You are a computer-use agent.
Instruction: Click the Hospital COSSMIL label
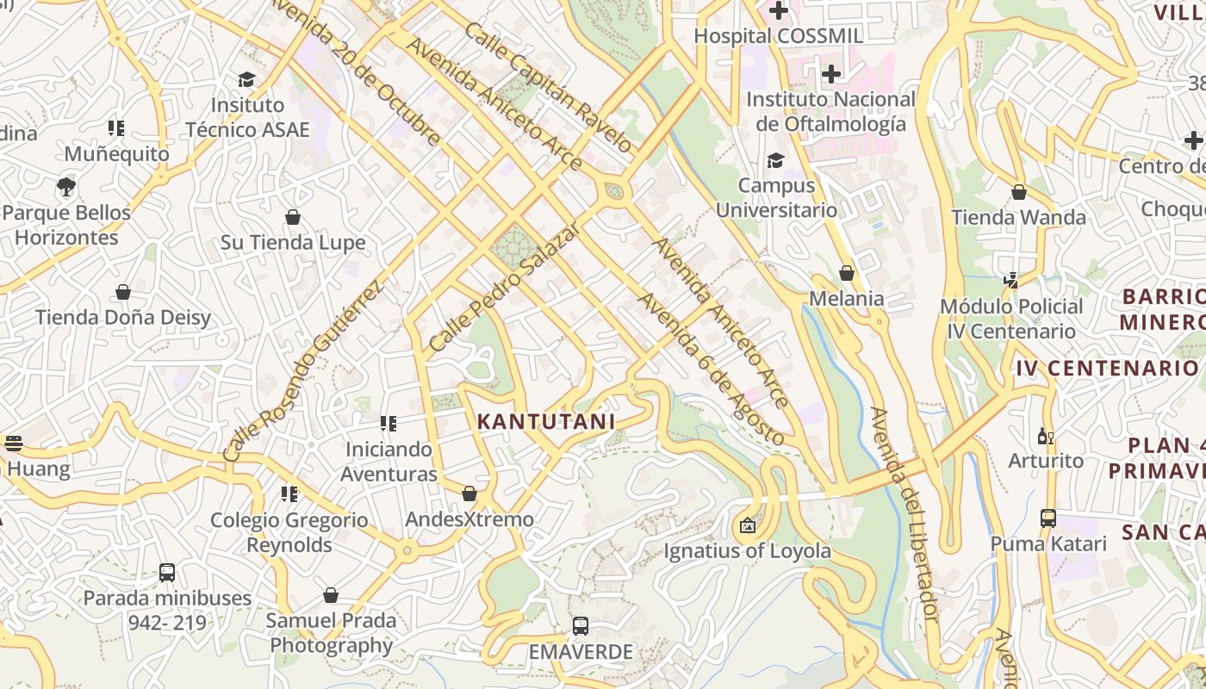coord(778,36)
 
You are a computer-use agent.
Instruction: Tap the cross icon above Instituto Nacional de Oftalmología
coord(830,74)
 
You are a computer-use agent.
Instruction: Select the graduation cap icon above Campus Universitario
coord(775,161)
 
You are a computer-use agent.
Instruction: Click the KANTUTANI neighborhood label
coord(545,421)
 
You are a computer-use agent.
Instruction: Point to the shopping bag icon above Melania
coord(847,273)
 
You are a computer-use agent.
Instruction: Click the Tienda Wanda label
coord(1018,217)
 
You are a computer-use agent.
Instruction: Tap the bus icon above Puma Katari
coord(1047,518)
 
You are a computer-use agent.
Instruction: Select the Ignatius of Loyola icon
coord(747,525)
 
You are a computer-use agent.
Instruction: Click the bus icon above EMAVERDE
coord(581,626)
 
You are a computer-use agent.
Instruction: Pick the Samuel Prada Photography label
coord(331,632)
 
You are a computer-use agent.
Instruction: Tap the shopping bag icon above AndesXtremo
coord(469,493)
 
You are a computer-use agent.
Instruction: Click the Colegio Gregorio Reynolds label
coord(289,532)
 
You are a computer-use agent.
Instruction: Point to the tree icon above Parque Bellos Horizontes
coord(65,186)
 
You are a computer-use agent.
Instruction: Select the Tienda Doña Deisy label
coord(123,318)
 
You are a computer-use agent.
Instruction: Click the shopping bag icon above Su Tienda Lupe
coord(293,217)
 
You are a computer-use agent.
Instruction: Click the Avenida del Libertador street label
coord(903,514)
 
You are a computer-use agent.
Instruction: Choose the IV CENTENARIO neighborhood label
coord(1106,369)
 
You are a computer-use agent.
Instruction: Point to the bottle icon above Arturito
coord(1046,436)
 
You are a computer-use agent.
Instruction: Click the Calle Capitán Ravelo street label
coord(549,87)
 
